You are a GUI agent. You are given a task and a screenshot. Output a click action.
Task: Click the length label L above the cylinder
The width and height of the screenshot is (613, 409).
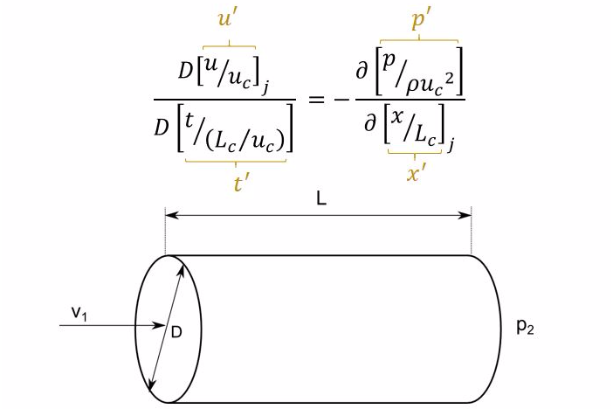(x=321, y=199)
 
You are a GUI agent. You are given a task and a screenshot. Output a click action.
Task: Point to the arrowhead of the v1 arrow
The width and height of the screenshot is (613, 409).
(x=162, y=327)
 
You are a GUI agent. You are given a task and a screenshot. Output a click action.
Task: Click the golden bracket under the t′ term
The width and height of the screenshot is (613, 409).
(x=236, y=161)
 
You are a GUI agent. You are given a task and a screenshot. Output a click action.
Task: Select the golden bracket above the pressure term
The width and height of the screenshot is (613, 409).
(x=419, y=39)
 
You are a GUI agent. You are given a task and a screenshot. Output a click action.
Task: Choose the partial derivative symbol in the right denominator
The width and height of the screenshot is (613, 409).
(x=375, y=128)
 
